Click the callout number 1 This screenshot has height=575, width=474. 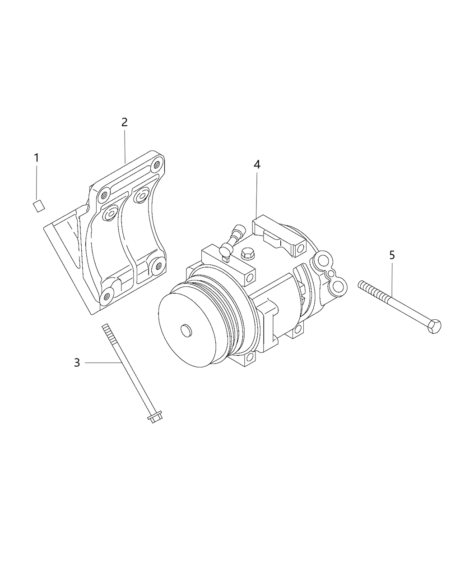pos(37,158)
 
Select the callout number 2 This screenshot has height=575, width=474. pos(124,122)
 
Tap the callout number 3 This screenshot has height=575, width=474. pos(77,362)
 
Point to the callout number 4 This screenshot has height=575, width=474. pos(256,165)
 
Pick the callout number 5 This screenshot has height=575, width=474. pos(392,255)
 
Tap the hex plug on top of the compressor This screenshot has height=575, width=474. pos(246,253)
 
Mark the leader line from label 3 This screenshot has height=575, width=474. pos(102,362)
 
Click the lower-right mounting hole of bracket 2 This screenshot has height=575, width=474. pos(158,265)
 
